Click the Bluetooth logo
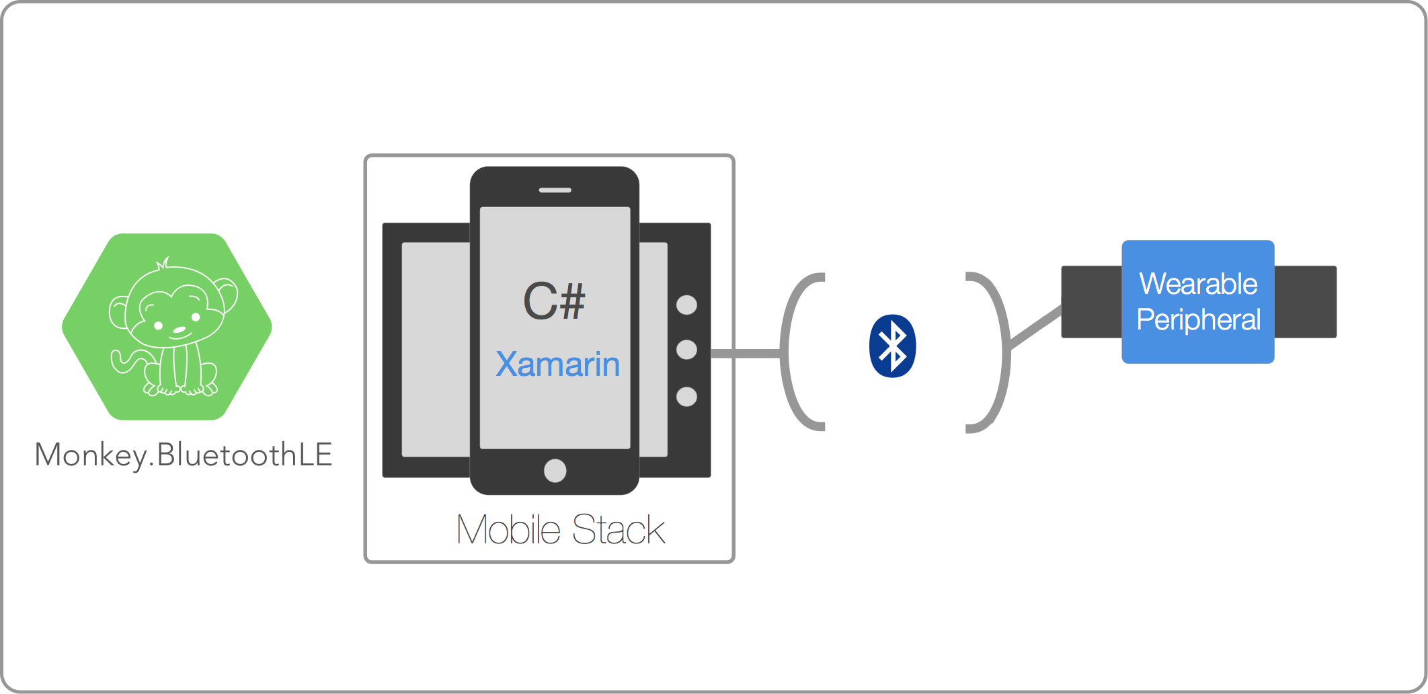892,346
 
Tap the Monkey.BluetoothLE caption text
184,455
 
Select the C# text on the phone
554,301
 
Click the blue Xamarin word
557,364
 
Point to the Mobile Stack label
561,530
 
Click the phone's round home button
555,470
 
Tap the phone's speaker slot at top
555,190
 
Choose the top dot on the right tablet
686,305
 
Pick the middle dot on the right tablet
686,350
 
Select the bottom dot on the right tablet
686,397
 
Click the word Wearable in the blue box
1198,284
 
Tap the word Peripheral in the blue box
1198,319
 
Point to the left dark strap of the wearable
1090,302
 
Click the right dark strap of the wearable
1305,302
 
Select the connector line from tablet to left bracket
745,353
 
